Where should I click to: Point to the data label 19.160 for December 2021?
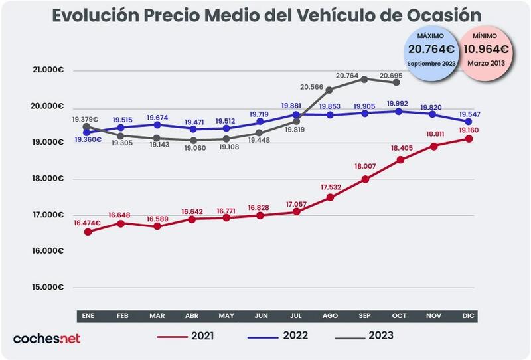[x=468, y=130]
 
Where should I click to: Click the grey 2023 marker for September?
[x=364, y=79]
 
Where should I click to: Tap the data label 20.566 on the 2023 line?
[x=312, y=87]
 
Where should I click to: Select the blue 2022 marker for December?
[x=468, y=122]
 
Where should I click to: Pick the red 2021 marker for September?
[x=364, y=179]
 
